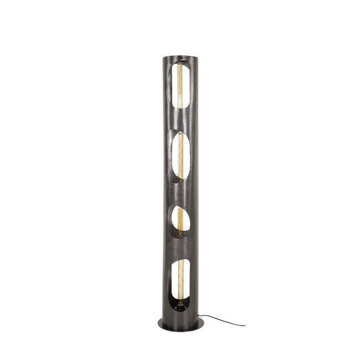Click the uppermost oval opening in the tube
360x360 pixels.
(181, 88)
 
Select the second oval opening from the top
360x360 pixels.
(181, 157)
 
